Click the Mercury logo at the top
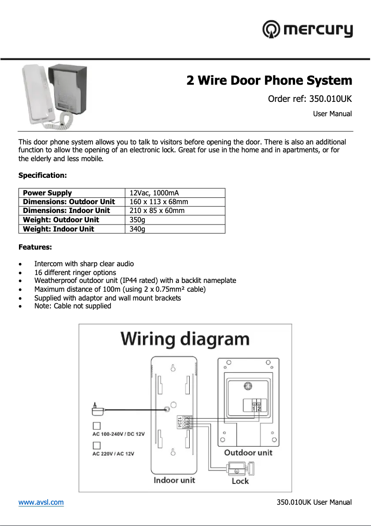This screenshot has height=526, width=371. point(308,30)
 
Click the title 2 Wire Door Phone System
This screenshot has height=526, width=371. point(269,81)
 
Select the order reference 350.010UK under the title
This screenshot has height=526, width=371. point(310,99)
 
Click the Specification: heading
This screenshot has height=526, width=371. point(43,175)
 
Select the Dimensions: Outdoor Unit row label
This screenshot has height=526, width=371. point(69,202)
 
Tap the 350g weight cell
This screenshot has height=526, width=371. point(137,220)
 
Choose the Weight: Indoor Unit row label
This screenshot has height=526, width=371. point(58,229)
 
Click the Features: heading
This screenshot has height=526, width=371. point(35,247)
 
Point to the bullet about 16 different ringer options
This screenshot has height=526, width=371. point(75,272)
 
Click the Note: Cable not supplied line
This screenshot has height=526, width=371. point(73,306)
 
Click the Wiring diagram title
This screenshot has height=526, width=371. point(185,339)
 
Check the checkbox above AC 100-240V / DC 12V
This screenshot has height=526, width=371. point(97,426)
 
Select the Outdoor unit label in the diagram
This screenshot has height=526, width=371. point(248,452)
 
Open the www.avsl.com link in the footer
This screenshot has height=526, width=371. point(41,502)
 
